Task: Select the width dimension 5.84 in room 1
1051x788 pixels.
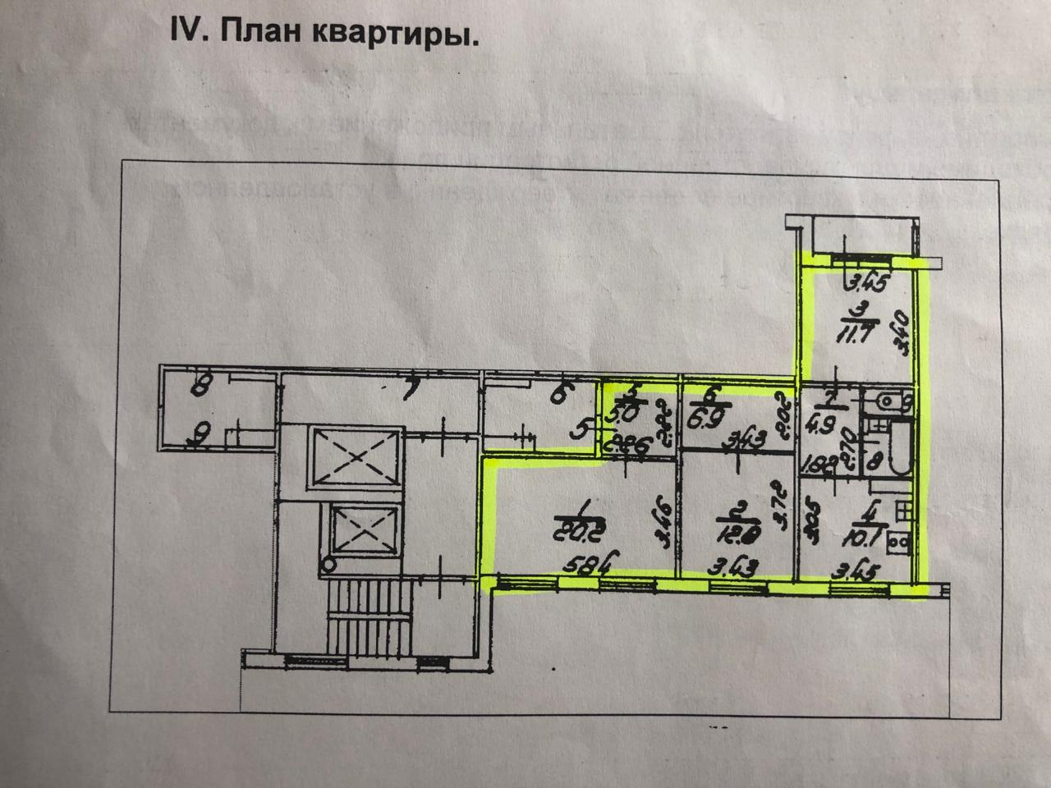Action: click(x=584, y=566)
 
